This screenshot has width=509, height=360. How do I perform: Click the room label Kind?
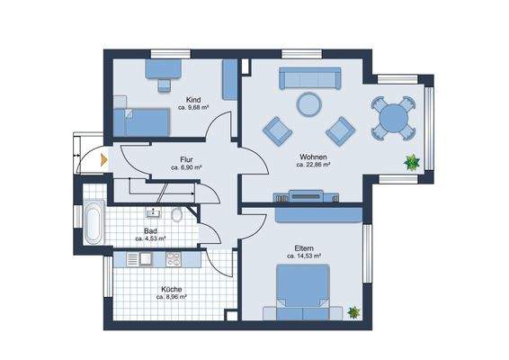click(193, 99)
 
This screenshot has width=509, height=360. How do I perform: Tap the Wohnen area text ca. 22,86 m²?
click(313, 165)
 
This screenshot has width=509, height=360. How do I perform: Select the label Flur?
click(186, 160)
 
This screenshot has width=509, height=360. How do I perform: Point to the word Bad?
click(150, 231)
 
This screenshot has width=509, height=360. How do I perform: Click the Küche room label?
click(172, 289)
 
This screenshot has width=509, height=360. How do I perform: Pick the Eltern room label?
click(304, 248)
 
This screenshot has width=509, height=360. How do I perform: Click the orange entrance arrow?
click(104, 160)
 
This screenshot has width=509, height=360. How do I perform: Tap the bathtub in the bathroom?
click(94, 222)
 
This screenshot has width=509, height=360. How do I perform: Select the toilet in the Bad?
click(177, 214)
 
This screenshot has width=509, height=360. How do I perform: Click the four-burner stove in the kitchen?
click(174, 259)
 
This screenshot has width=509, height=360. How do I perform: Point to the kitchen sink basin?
click(146, 259)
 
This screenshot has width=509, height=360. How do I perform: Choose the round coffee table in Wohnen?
click(309, 104)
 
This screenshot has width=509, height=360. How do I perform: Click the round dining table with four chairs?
click(393, 118)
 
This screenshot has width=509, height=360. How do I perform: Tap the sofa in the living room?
click(310, 78)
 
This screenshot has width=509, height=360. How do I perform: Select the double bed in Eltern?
click(302, 292)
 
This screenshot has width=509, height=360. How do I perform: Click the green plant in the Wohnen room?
click(412, 162)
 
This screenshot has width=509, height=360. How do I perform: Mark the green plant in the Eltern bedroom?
click(353, 312)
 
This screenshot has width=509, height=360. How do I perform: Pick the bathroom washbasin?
click(153, 212)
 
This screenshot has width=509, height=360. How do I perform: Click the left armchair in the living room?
click(277, 131)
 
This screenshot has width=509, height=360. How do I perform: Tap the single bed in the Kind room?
click(141, 122)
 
